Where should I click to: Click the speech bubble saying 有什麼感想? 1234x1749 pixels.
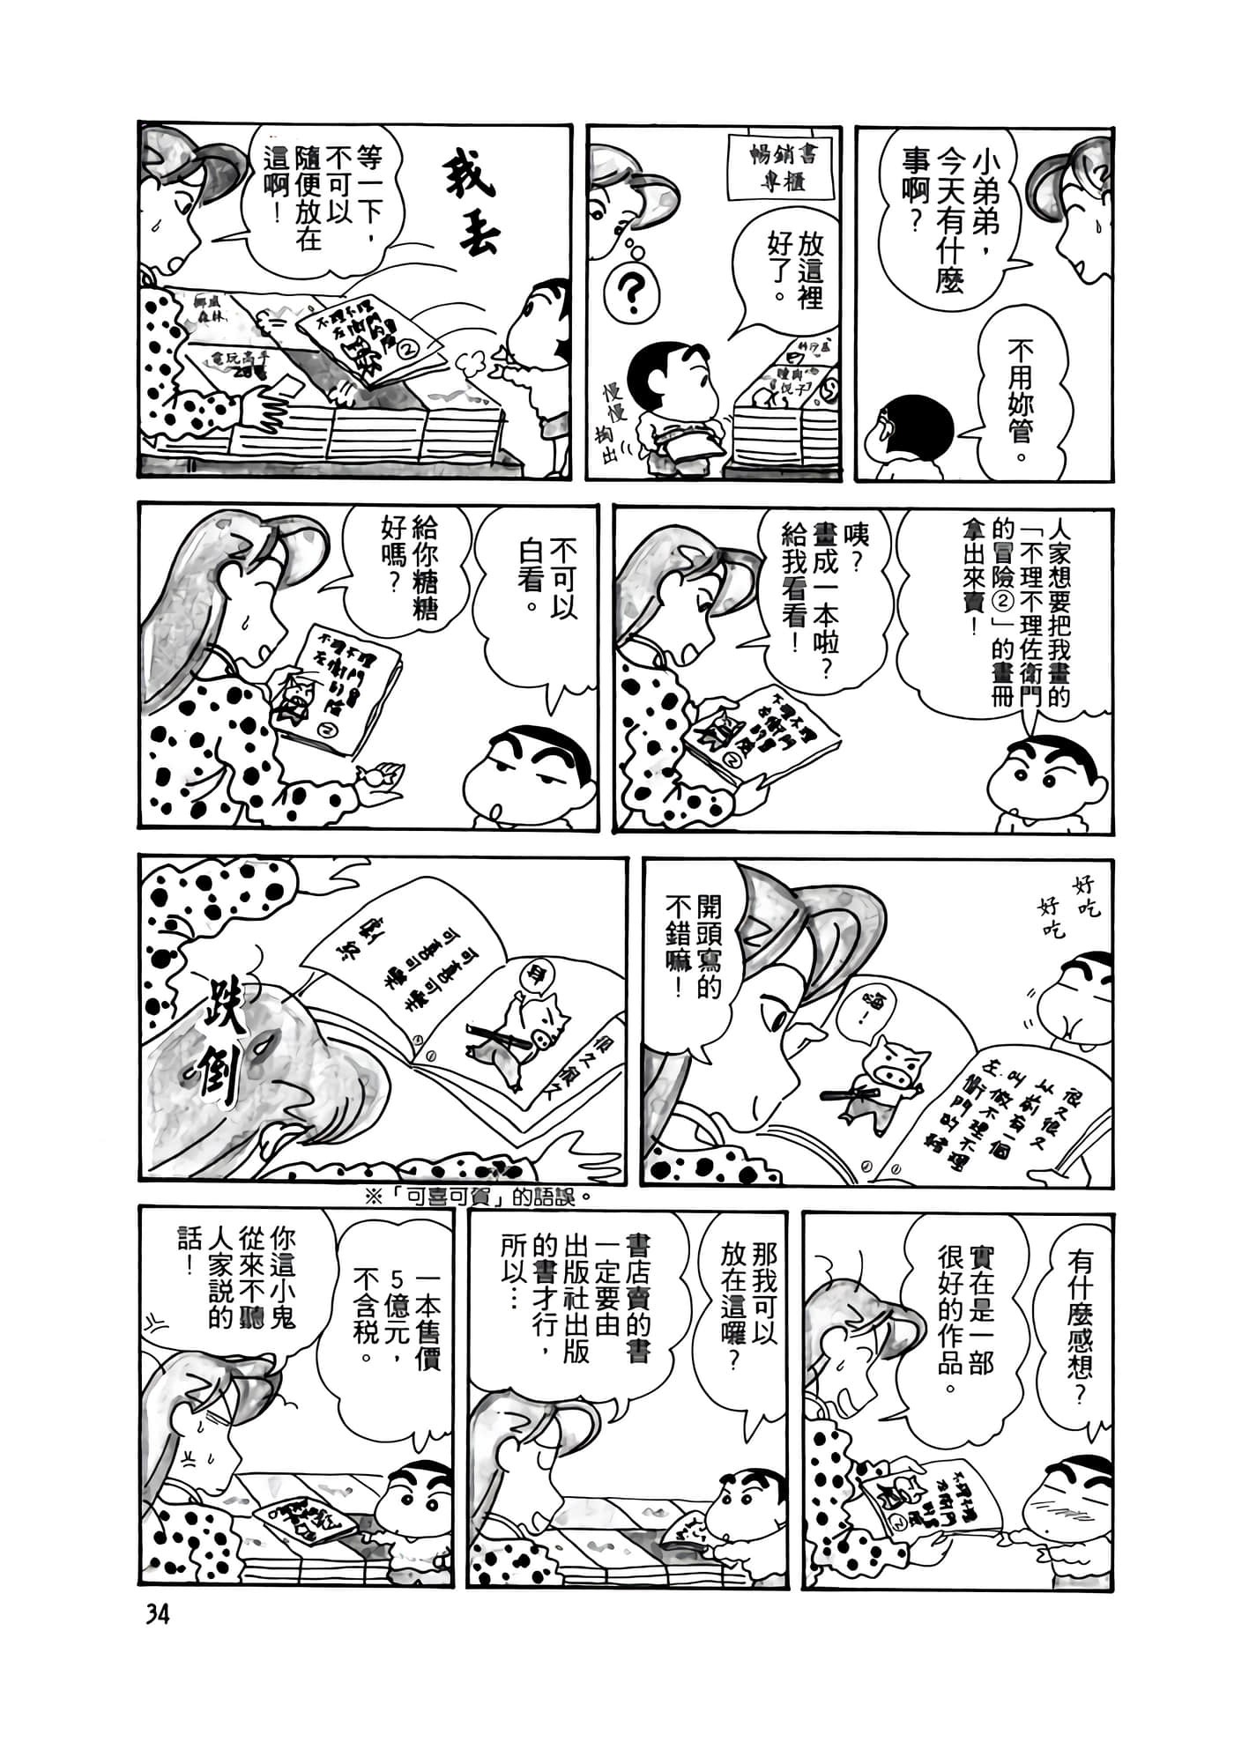tap(1080, 1304)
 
